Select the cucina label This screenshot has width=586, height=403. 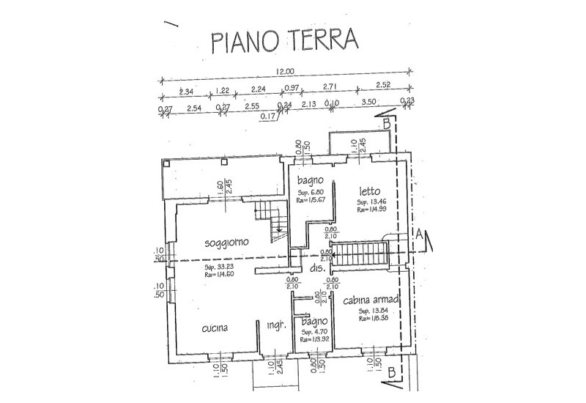pyautogui.click(x=215, y=328)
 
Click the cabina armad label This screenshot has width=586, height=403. pyautogui.click(x=371, y=300)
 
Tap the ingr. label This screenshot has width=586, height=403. pyautogui.click(x=275, y=325)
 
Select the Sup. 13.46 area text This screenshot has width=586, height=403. pyautogui.click(x=371, y=202)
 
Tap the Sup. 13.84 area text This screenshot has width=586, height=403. pyautogui.click(x=371, y=311)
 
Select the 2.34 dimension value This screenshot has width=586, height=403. pyautogui.click(x=185, y=92)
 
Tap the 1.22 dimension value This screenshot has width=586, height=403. pyautogui.click(x=222, y=92)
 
